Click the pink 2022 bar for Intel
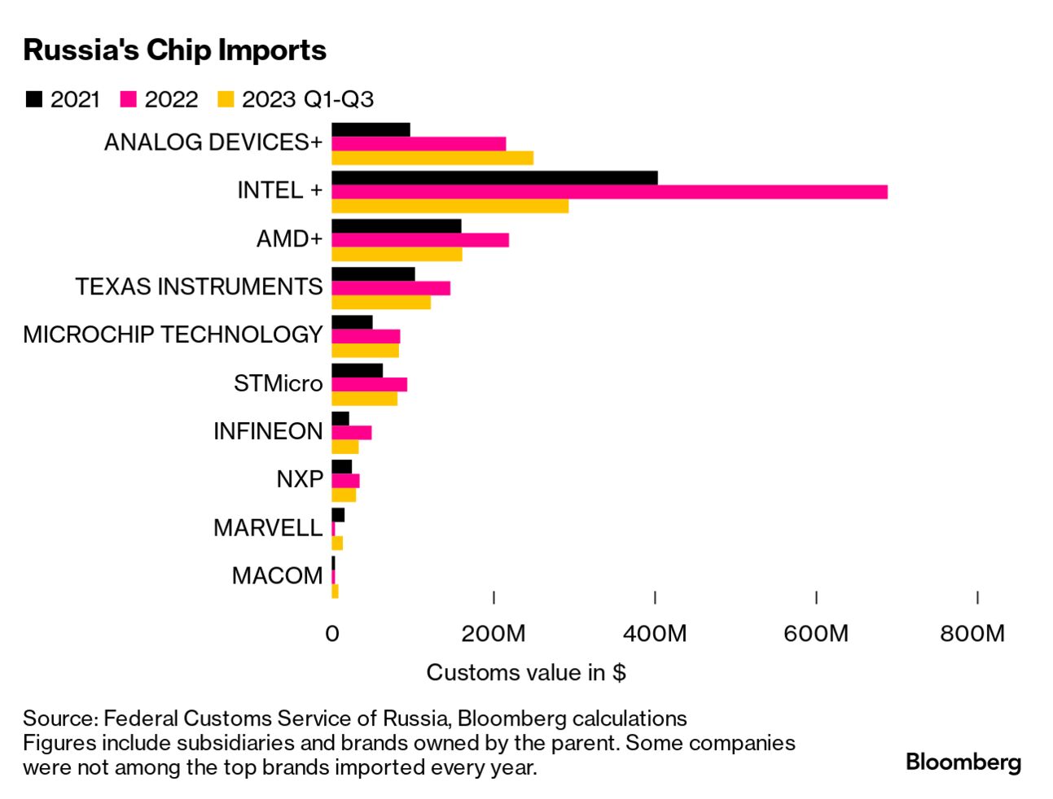(609, 192)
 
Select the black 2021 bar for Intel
(494, 178)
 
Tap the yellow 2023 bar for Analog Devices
(432, 158)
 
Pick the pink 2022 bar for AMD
(420, 240)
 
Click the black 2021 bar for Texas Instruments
(373, 274)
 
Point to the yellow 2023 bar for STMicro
(364, 399)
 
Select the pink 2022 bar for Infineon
(352, 433)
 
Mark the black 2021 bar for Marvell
(338, 515)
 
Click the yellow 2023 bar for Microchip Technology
(365, 351)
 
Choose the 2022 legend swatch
(128, 99)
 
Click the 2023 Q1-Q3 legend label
(307, 99)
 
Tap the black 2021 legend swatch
(34, 99)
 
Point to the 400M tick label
(655, 633)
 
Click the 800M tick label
(972, 633)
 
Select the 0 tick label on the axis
(332, 633)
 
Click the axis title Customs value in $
(526, 673)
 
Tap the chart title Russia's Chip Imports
(174, 50)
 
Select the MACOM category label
(278, 576)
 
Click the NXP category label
(300, 479)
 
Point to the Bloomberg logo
(963, 762)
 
